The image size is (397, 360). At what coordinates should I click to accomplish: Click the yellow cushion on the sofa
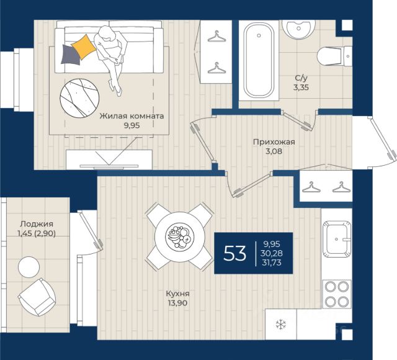pos(84,47)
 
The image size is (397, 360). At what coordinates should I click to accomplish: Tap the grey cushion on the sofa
pos(70,55)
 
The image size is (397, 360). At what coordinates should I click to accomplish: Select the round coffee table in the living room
pos(79,98)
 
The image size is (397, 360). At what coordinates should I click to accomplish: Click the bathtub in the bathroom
pos(259,61)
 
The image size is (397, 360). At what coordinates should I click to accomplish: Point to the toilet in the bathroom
pos(334,56)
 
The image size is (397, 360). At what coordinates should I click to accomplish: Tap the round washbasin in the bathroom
pos(299,29)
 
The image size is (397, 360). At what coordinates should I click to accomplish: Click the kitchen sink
pos(337,239)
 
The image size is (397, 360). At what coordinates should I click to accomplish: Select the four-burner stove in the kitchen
pos(337,294)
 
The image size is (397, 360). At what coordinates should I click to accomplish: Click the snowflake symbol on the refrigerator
pos(281,325)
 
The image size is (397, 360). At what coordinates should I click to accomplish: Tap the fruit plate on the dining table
pos(179,237)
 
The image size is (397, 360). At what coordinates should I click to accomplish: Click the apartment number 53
pos(234,253)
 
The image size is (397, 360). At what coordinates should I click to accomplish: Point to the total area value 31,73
pos(272,263)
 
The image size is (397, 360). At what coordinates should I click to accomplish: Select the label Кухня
pos(178,294)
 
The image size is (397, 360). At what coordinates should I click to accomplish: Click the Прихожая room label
pos(274,142)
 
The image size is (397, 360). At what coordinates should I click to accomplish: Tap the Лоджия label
pos(37,224)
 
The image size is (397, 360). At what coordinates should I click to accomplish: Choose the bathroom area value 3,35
pos(301,88)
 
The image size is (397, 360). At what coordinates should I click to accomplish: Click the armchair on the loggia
pos(37,297)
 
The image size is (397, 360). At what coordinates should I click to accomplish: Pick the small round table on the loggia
pos(29,267)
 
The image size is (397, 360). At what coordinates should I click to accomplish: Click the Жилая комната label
pos(132,116)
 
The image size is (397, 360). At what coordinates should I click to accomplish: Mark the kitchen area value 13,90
pos(178,303)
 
